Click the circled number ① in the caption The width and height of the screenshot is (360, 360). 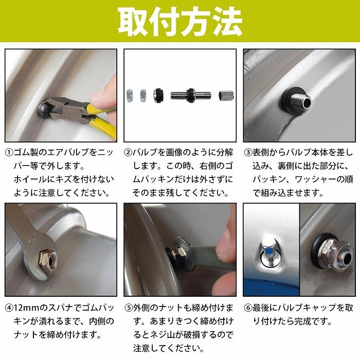[9, 153]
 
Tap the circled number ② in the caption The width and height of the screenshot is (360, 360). [129, 153]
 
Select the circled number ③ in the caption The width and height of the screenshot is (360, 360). [248, 153]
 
